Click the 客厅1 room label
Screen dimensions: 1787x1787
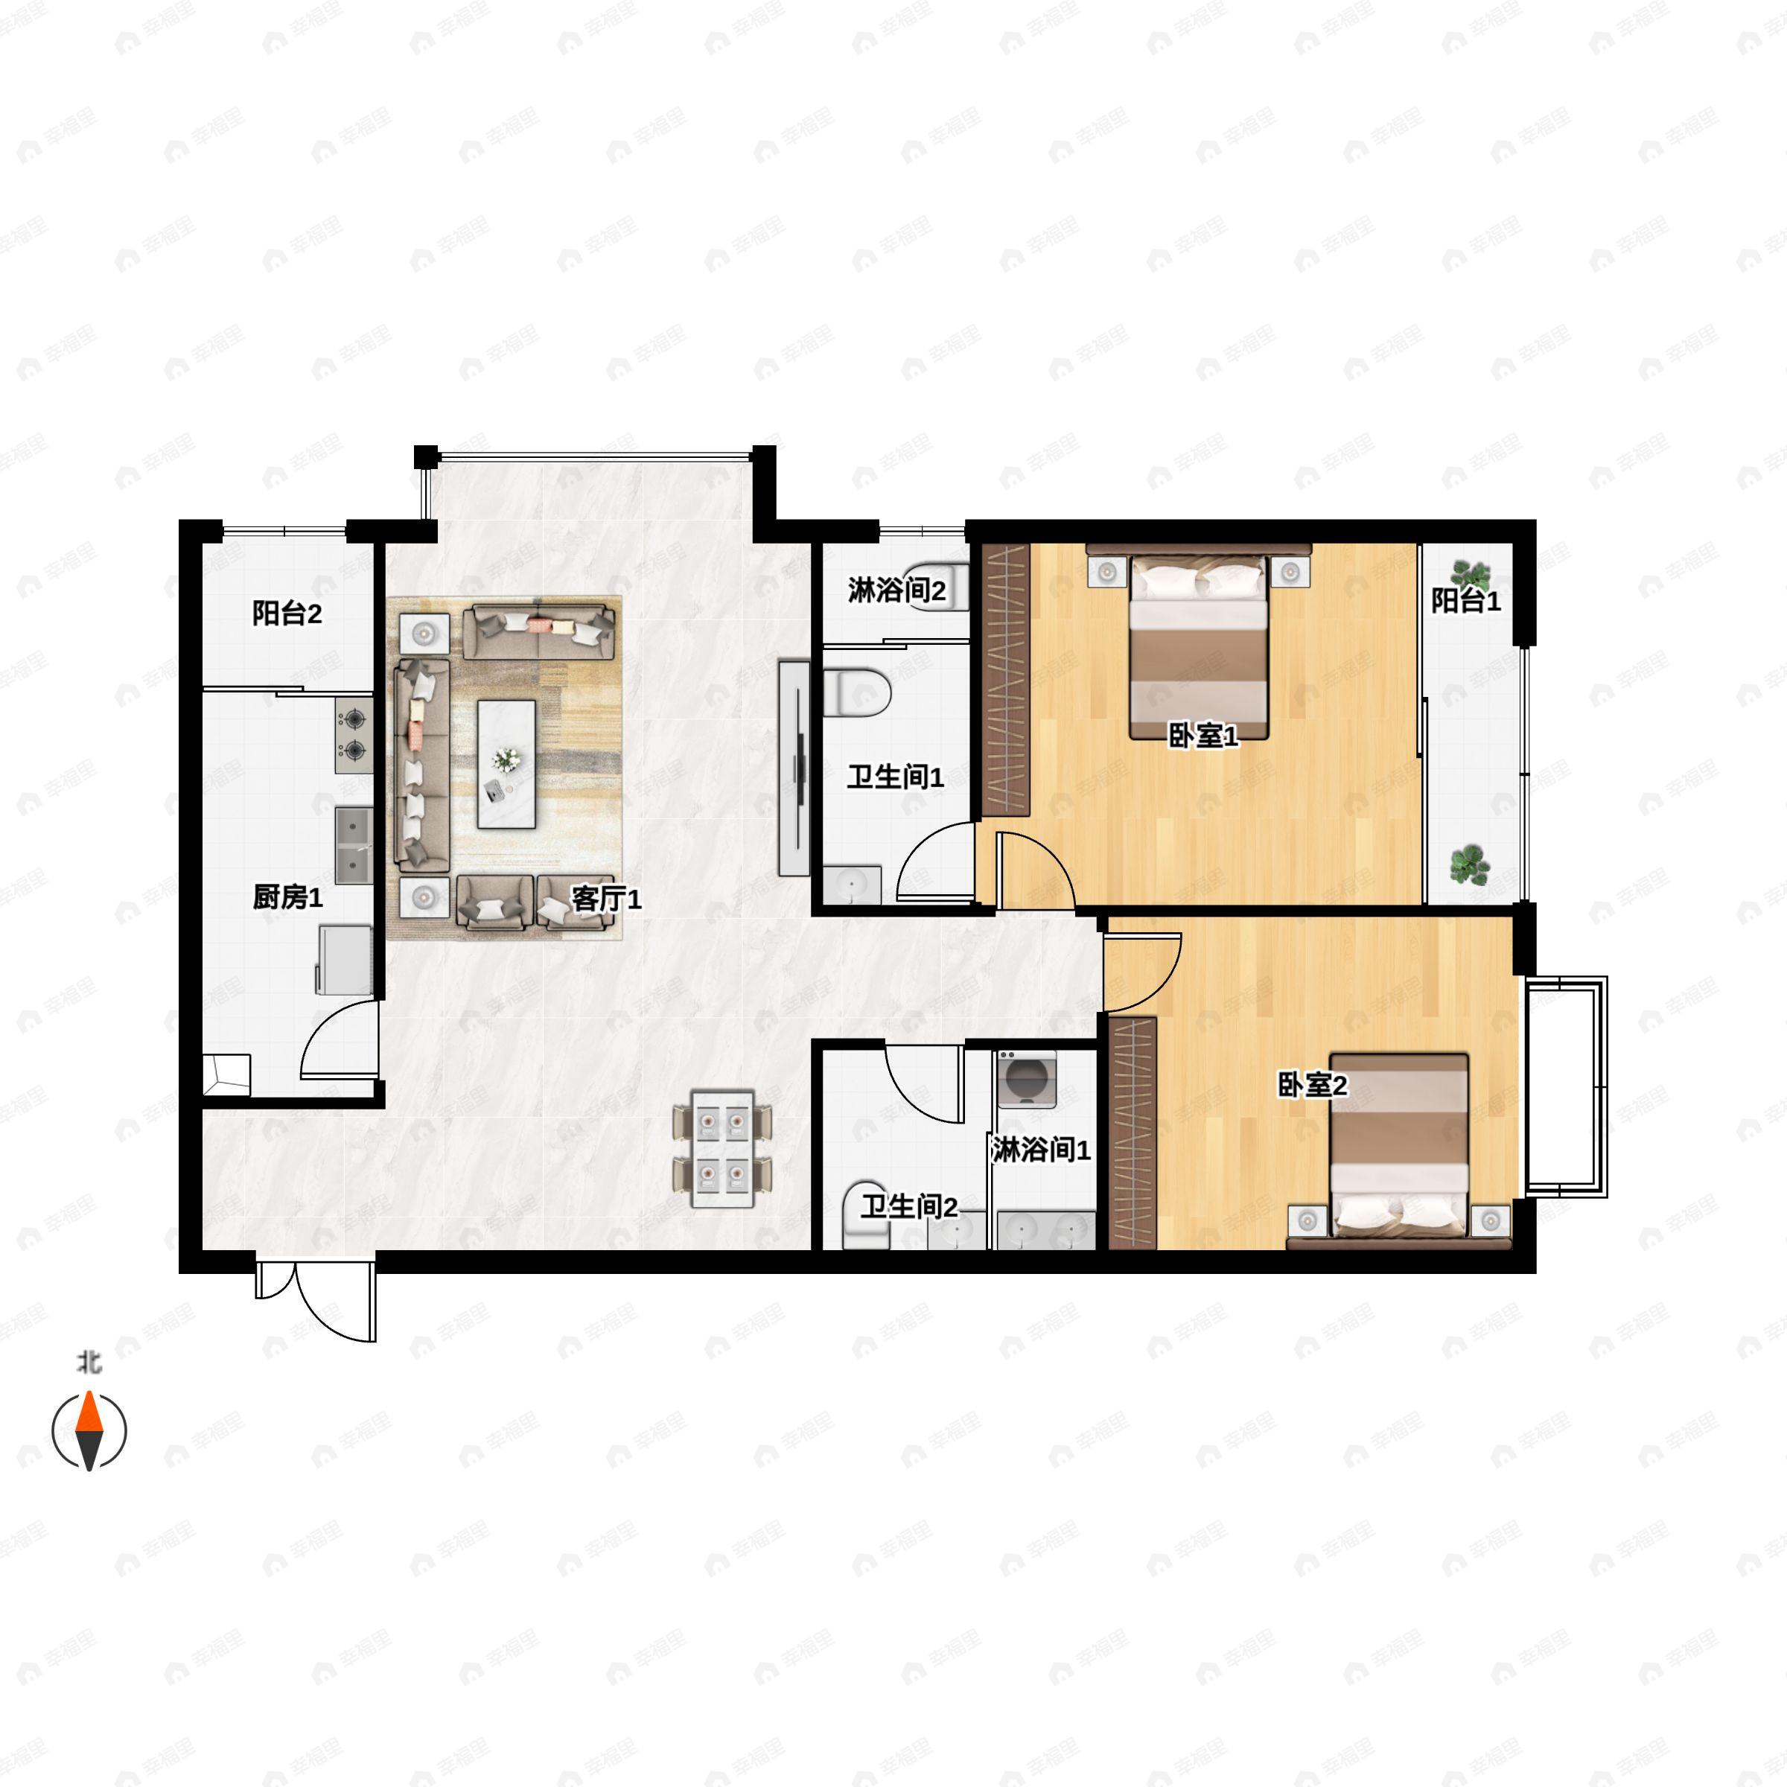(606, 898)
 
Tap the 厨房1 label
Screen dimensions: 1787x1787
(287, 896)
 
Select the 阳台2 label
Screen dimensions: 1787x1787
(287, 614)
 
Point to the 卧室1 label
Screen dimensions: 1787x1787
(1203, 736)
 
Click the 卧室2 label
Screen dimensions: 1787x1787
(1313, 1085)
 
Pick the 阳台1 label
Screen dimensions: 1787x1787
(1466, 601)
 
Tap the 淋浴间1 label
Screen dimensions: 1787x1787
(1042, 1150)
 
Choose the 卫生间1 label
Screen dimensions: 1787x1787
(895, 777)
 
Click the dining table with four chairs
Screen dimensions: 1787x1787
(722, 1150)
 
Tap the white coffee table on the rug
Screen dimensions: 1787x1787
(506, 764)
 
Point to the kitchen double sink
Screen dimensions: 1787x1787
(354, 844)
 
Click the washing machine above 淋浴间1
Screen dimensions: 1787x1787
(1027, 1080)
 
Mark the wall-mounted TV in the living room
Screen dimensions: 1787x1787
(794, 767)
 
